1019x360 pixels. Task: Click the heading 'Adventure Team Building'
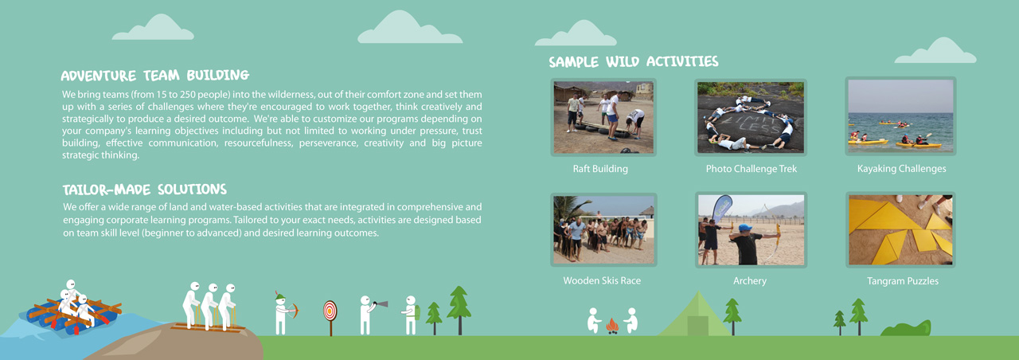click(155, 76)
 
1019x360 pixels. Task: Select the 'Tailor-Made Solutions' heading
click(144, 190)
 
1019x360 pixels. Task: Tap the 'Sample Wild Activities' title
click(633, 62)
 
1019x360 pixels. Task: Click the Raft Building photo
click(603, 117)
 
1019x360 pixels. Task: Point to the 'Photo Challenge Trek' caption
click(751, 169)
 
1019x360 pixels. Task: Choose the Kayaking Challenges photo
click(900, 116)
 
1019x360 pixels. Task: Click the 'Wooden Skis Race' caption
click(602, 281)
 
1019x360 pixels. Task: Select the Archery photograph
click(751, 229)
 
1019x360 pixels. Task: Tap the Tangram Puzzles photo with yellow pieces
click(900, 229)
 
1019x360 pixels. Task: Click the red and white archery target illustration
click(330, 310)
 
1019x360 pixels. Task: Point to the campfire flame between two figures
click(611, 325)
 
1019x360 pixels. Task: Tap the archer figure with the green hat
click(282, 313)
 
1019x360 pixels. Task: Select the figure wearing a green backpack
click(411, 315)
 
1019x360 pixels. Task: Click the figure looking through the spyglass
click(366, 314)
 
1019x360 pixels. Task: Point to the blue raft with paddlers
click(72, 311)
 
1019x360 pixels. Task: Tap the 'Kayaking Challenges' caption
click(901, 169)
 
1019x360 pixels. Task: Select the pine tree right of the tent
click(732, 314)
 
